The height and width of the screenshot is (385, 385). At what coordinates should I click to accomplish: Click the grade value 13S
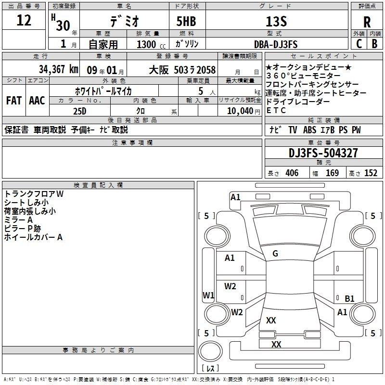point(276,21)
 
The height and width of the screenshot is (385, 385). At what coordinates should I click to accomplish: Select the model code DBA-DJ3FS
point(276,44)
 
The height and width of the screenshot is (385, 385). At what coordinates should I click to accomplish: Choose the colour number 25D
point(80,111)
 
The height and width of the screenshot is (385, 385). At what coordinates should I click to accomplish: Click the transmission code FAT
point(13,101)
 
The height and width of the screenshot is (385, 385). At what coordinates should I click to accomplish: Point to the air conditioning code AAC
point(37,101)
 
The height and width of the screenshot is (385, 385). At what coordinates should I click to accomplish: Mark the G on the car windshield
point(275,254)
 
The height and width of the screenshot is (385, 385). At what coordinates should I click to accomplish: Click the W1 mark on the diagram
point(208,295)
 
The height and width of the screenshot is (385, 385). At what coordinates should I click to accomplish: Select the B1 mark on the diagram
point(350,298)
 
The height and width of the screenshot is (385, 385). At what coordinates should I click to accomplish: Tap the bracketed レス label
point(210,369)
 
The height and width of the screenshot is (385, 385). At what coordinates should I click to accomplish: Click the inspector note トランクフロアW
point(34,193)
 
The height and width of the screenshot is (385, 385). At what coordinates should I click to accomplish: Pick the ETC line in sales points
point(276,110)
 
